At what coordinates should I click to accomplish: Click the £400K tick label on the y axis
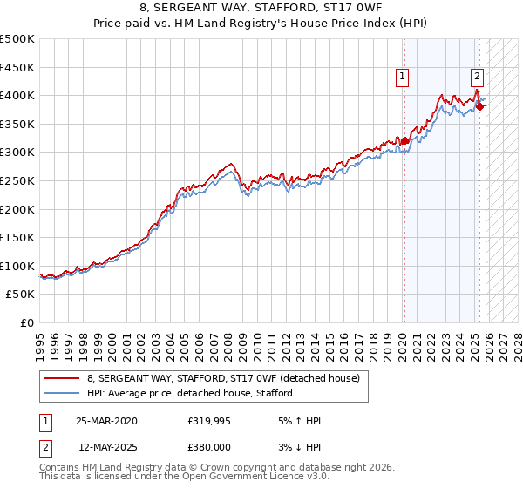point(17,95)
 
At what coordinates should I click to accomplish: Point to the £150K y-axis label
point(17,237)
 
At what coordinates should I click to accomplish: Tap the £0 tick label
point(26,322)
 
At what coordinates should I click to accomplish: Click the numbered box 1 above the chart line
point(403,77)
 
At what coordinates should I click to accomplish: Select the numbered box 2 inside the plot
point(478,77)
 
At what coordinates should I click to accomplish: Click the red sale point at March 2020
point(404,140)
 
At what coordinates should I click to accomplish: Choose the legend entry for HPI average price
point(190,393)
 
